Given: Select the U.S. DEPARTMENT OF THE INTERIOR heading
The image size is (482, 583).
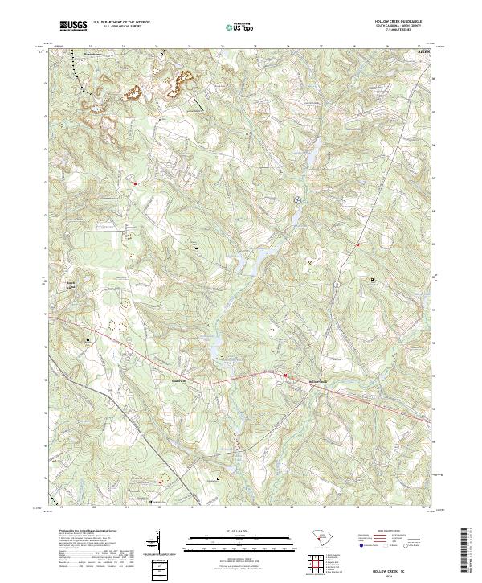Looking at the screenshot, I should (121, 23).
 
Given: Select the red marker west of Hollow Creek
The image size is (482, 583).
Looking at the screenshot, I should (284, 375).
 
